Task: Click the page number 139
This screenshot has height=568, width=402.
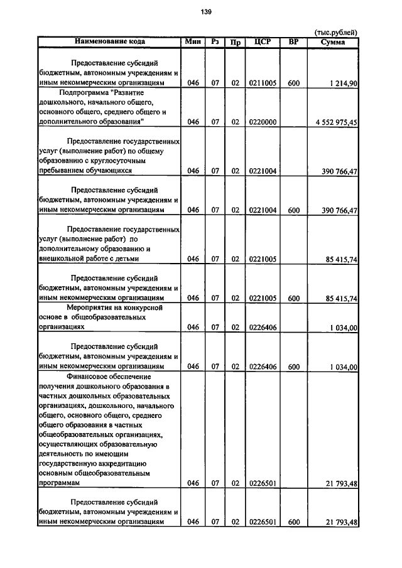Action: point(206,12)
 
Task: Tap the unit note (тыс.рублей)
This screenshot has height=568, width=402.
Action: point(335,33)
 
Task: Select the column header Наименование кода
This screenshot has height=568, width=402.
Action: point(110,42)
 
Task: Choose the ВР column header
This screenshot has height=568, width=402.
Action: point(293,42)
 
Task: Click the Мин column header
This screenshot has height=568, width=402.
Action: point(192,42)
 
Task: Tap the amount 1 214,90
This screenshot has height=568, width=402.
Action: point(343,83)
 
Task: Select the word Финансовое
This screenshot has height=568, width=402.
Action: point(92,376)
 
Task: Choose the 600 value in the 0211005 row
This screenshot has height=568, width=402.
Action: point(293,83)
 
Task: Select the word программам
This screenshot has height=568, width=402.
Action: point(60,483)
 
